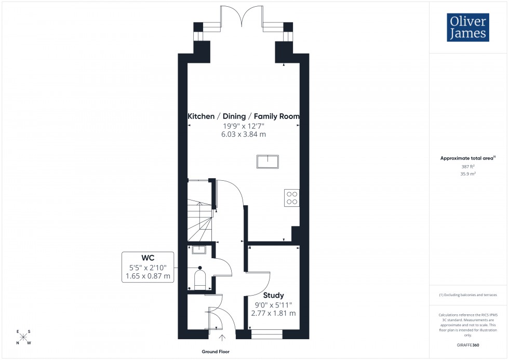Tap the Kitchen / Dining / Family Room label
[x=244, y=116]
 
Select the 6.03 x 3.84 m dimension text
[x=244, y=134]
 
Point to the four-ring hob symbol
[x=291, y=197]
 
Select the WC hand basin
[x=199, y=250]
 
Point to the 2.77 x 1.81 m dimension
[x=273, y=313]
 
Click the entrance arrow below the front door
[x=223, y=338]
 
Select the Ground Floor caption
[x=217, y=352]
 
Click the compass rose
[x=23, y=337]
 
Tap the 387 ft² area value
[x=468, y=167]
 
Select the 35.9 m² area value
[x=468, y=175]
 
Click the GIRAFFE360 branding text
[x=468, y=344]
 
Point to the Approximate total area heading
[x=467, y=158]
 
